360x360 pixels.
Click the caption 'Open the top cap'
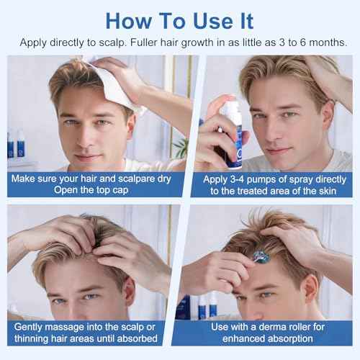tap(90, 189)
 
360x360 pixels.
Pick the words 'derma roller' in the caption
tap(278, 327)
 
